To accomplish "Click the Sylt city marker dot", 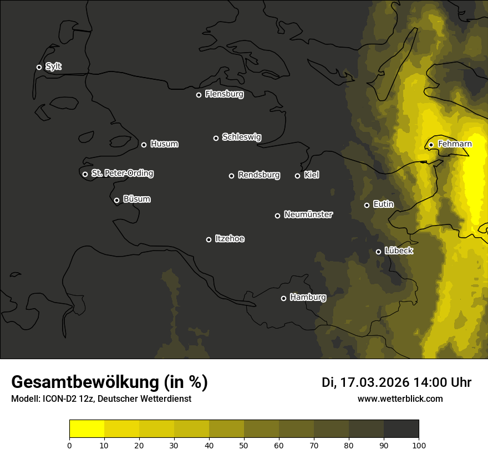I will click(39, 68).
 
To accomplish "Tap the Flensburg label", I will click(224, 94).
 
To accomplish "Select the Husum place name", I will click(164, 144).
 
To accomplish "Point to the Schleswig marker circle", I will click(216, 138).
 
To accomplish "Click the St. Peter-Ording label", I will click(122, 173).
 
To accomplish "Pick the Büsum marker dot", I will click(116, 201).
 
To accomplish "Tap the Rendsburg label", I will click(258, 175).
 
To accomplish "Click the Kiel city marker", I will click(297, 176).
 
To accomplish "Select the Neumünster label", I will click(308, 214).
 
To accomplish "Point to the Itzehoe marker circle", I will click(209, 240).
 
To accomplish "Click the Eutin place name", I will click(383, 205).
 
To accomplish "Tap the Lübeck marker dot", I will click(379, 252).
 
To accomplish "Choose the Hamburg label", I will click(308, 298).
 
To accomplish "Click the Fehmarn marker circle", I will click(431, 145).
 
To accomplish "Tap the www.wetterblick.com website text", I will click(400, 398).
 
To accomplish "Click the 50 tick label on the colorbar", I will click(244, 445).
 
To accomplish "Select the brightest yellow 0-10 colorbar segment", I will click(87, 429).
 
